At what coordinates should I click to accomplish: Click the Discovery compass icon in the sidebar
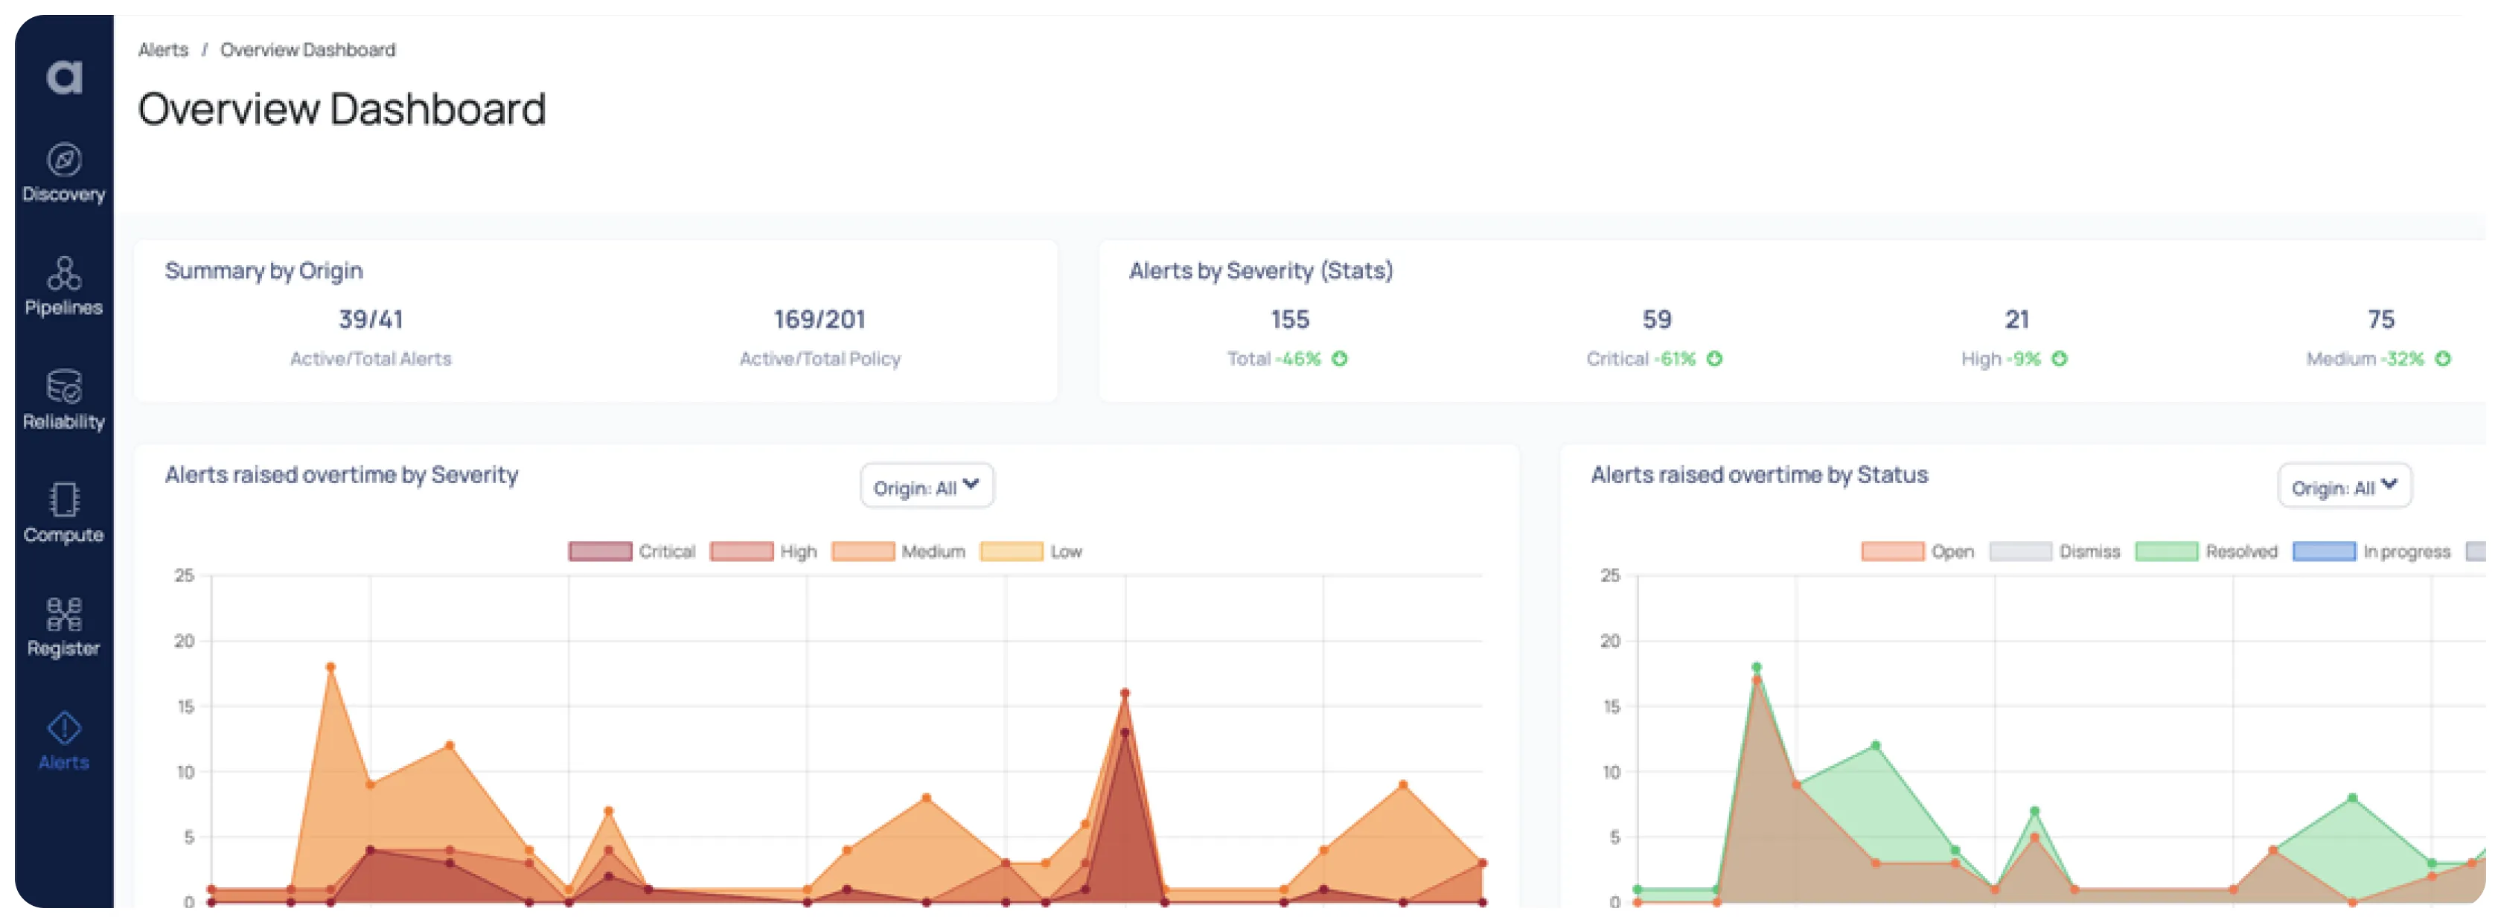click(64, 160)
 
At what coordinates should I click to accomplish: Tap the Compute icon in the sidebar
click(64, 500)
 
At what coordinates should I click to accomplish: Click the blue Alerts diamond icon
click(64, 727)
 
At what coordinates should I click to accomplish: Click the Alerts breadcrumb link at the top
click(163, 49)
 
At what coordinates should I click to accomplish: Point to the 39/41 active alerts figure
click(371, 319)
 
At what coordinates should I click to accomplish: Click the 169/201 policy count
click(820, 319)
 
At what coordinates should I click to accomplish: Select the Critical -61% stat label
click(1641, 359)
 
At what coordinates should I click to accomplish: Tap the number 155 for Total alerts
click(1289, 319)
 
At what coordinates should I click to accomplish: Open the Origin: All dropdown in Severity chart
click(926, 486)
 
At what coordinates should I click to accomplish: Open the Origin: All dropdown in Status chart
click(2344, 486)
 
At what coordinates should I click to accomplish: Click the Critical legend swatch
click(600, 552)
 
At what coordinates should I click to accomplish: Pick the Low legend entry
click(1065, 552)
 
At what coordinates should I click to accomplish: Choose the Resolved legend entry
click(2240, 552)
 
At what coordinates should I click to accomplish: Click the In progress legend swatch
click(2323, 552)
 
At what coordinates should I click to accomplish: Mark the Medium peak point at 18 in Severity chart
click(330, 667)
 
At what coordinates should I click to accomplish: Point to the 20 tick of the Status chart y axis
click(1610, 642)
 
